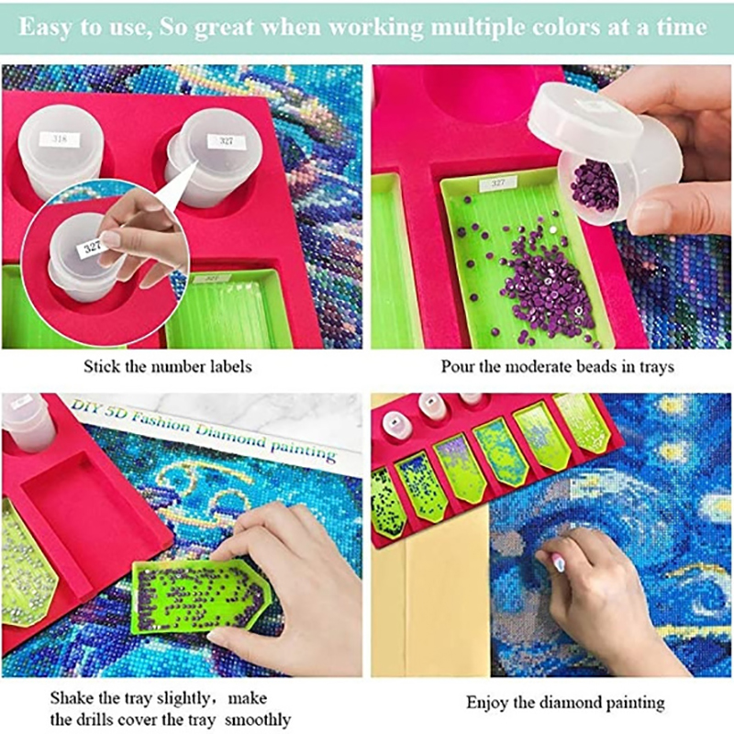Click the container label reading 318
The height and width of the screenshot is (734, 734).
click(60, 139)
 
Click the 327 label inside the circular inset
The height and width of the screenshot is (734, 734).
click(89, 246)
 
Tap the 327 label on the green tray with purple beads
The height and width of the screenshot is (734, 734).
click(497, 183)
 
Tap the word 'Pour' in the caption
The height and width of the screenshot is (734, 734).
click(457, 366)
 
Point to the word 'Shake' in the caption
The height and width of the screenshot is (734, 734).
click(72, 698)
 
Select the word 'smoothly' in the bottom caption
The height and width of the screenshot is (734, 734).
click(258, 719)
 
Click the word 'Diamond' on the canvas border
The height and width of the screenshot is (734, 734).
click(230, 436)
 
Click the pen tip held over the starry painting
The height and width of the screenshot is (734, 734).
click(558, 563)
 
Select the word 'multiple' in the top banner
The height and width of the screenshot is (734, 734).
click(473, 28)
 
